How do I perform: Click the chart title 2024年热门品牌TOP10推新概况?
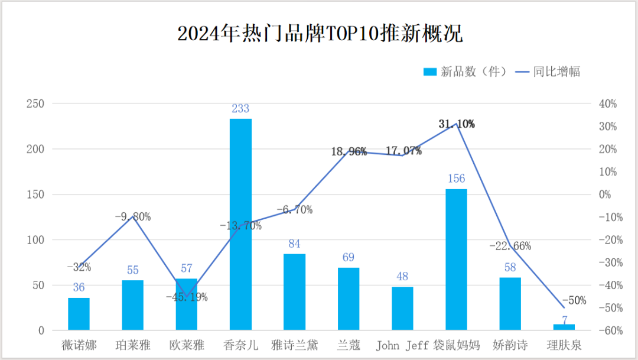(320, 34)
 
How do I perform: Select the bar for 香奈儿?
(240, 225)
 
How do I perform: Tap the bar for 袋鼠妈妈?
(456, 260)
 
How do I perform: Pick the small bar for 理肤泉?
(564, 327)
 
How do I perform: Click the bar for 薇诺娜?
(79, 314)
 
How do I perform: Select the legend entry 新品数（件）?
(465, 72)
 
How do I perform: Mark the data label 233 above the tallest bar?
(240, 109)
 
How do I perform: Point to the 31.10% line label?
(457, 124)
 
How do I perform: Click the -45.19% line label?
(187, 297)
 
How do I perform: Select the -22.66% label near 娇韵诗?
(510, 246)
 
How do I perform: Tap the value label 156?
(457, 179)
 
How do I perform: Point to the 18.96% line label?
(349, 151)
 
